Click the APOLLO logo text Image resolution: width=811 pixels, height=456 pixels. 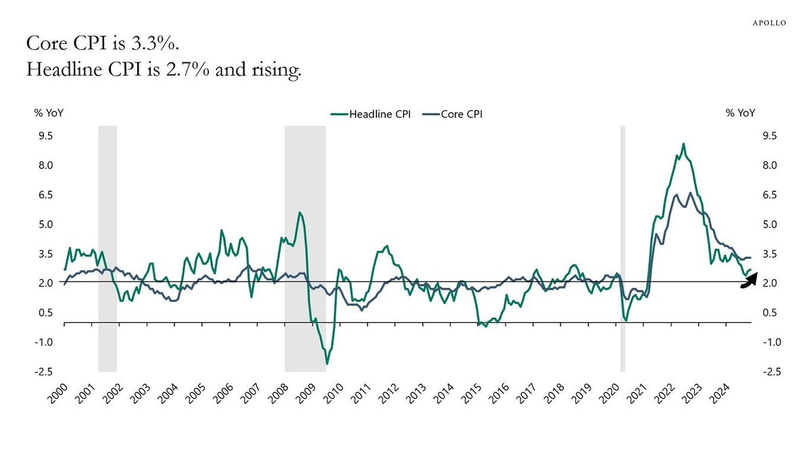(769, 23)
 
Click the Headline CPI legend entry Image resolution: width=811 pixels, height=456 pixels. (371, 114)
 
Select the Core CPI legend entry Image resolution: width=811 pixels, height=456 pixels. (453, 114)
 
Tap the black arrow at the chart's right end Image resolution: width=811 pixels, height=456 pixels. (749, 281)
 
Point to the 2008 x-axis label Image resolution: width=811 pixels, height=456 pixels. (278, 393)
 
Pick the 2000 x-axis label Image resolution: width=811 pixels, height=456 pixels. (57, 393)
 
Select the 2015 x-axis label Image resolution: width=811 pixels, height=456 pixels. (471, 393)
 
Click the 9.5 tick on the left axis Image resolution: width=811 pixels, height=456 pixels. (46, 136)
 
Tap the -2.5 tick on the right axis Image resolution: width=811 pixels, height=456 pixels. (772, 372)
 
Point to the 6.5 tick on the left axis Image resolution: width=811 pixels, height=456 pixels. (46, 195)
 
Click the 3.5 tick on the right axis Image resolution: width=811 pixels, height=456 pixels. (770, 254)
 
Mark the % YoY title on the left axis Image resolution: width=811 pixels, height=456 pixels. (49, 113)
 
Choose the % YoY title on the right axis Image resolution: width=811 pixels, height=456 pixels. (741, 113)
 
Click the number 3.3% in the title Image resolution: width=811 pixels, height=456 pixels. (155, 43)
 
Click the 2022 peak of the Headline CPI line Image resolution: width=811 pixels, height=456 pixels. (683, 144)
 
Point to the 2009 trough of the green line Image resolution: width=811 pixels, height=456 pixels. (327, 363)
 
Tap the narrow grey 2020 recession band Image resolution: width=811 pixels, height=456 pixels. (622, 249)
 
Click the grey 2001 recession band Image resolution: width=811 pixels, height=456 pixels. (107, 249)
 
